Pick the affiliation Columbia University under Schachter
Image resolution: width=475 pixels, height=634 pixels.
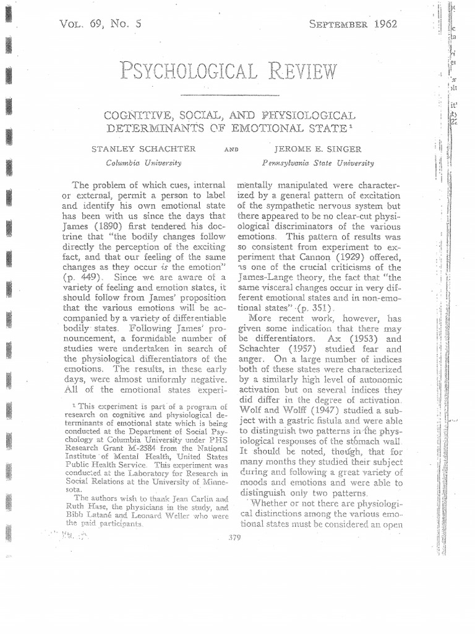point(143,162)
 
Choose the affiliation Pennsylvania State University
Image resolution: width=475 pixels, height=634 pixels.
point(319,163)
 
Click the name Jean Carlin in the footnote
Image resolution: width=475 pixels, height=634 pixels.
point(178,498)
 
